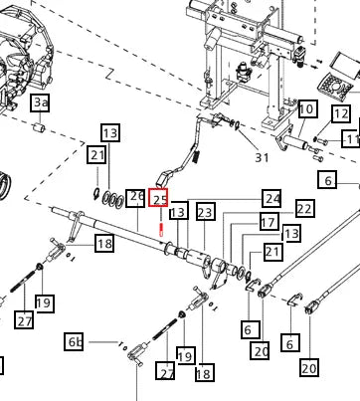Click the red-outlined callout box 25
pos(158,197)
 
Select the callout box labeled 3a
pos(41,102)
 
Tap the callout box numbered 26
pos(135,198)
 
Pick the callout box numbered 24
pos(271,198)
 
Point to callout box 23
pos(205,212)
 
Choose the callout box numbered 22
pos(305,208)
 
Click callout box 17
pos(269,222)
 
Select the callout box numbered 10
pos(308,108)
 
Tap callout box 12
pos(341,114)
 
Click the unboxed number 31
pos(262,158)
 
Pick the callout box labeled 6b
pos(74,341)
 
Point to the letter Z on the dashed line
pos(109,75)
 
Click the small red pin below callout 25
pos(161,230)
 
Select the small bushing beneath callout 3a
pos(40,127)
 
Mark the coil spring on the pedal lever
pos(196,155)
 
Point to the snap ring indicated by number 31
pos(238,125)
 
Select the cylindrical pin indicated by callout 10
pos(291,140)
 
